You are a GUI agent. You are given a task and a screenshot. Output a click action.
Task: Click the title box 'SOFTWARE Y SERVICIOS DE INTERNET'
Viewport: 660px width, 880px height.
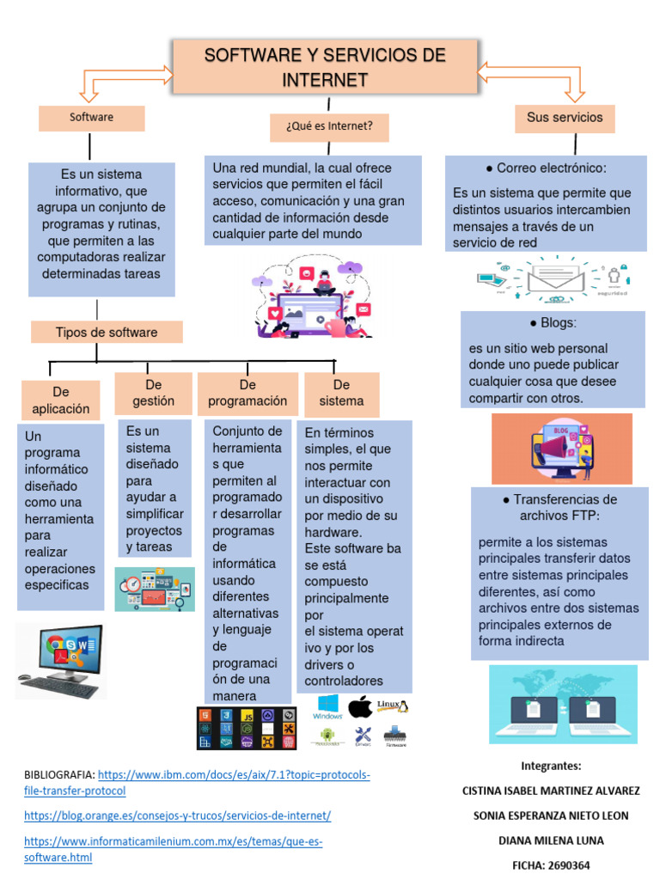tap(325, 68)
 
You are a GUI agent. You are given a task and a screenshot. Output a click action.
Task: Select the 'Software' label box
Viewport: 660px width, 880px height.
tap(91, 118)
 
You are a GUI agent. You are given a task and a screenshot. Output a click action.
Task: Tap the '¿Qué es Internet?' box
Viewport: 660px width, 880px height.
tap(328, 127)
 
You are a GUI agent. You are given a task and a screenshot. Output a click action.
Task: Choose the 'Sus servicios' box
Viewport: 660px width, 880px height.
tap(565, 118)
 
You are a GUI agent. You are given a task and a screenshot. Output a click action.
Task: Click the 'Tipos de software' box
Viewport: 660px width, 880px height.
tap(107, 333)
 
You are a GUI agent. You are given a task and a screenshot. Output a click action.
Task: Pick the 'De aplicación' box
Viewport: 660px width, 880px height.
tap(60, 400)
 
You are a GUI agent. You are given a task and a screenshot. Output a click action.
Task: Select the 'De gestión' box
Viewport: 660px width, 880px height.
tap(153, 393)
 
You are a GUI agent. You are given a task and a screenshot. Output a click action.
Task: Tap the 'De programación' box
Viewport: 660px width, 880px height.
tap(247, 393)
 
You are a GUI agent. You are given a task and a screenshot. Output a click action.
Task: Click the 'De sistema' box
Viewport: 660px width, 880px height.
tap(341, 393)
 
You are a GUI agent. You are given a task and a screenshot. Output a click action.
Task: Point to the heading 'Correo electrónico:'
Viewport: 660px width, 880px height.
tap(547, 168)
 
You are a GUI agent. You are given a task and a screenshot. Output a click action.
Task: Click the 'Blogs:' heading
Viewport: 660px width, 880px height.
tap(553, 323)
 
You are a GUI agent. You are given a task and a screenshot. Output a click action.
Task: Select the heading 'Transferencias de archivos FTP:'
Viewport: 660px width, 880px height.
tap(559, 507)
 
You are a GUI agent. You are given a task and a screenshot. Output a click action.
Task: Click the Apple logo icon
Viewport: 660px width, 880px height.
tap(360, 706)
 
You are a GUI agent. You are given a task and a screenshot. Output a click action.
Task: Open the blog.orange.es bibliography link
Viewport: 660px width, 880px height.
tap(177, 816)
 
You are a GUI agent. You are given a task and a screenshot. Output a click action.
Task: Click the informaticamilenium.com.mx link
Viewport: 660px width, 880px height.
tap(173, 849)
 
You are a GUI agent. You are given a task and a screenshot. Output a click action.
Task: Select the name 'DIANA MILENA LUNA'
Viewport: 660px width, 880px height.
tap(550, 840)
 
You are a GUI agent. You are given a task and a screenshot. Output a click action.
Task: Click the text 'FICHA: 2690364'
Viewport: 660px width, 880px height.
tap(550, 865)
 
